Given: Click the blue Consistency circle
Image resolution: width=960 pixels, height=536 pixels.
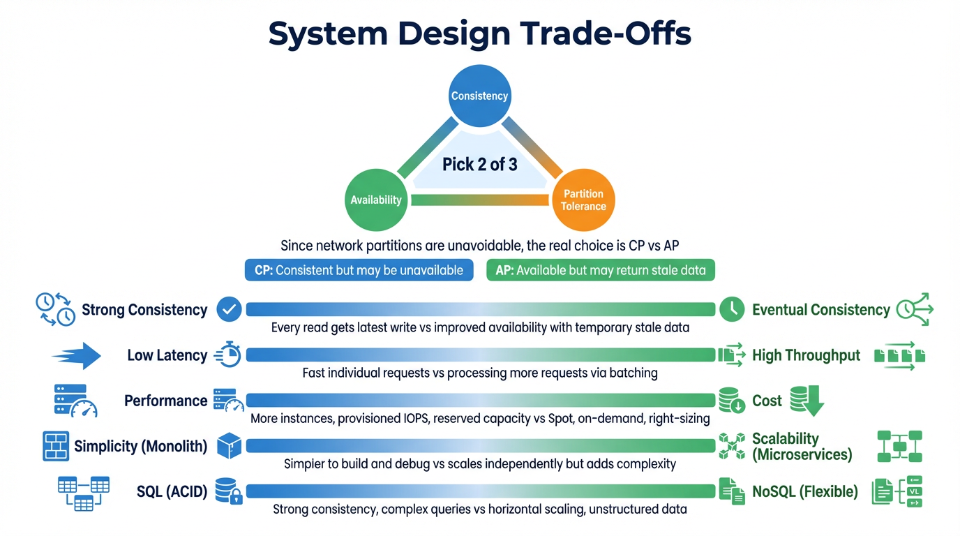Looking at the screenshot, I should point(479,96).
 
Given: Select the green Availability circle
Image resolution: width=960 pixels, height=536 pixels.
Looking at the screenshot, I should point(376,200).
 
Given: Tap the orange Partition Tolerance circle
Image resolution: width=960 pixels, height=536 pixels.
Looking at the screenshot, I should point(583,200).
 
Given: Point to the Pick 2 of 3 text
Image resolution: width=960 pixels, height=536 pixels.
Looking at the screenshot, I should point(480,165).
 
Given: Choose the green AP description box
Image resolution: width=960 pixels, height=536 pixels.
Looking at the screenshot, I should point(600,270).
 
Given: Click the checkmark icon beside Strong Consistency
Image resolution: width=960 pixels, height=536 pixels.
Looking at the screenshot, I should point(229,309).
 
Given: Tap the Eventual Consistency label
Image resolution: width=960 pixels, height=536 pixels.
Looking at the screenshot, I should point(820,310).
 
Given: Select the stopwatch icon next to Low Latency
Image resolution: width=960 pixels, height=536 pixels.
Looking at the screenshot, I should point(228,355).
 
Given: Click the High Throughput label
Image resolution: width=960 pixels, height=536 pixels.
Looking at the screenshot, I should point(806,355).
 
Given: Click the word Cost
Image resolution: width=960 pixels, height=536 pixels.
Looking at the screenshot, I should point(767,401).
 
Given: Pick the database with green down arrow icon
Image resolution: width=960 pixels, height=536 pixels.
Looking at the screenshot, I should point(807,401).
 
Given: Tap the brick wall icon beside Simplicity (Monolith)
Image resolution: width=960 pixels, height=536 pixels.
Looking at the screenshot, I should point(56,446).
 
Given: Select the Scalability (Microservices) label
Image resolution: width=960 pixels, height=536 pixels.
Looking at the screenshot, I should point(802,447).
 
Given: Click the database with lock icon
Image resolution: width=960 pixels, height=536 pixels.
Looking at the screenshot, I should point(228,491).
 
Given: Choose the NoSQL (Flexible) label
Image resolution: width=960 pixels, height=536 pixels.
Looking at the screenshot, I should point(804,491).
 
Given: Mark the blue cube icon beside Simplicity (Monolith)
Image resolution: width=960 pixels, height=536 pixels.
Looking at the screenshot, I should point(229,446).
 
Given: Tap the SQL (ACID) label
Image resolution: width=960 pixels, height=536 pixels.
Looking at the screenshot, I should point(172,491).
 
